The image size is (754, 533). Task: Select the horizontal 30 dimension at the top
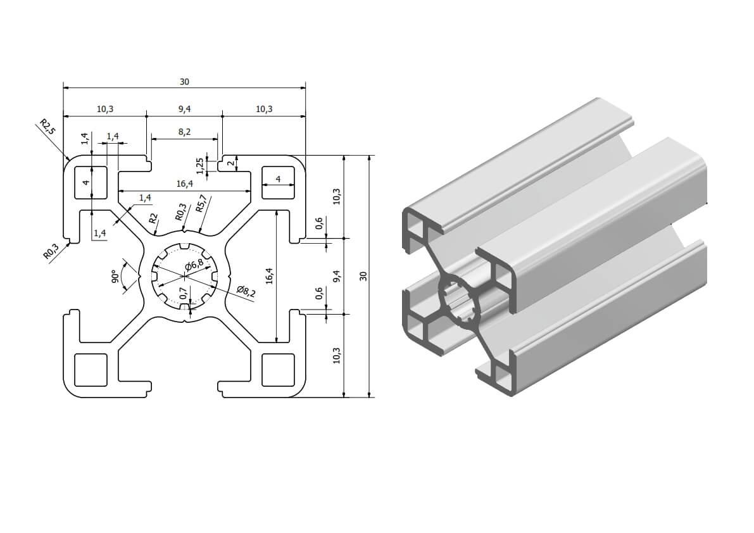184,82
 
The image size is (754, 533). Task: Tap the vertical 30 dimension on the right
363,276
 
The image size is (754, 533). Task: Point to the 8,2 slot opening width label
184,132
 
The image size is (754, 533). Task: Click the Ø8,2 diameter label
245,291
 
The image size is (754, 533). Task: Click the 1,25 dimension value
200,165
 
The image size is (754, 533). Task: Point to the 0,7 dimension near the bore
184,292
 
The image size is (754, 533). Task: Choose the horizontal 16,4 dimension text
184,184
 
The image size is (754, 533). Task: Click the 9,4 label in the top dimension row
184,109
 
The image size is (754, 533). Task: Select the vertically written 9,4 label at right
336,276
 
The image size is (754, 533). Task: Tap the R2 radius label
153,219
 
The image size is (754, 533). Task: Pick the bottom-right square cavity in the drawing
278,370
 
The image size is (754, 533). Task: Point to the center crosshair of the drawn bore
184,276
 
